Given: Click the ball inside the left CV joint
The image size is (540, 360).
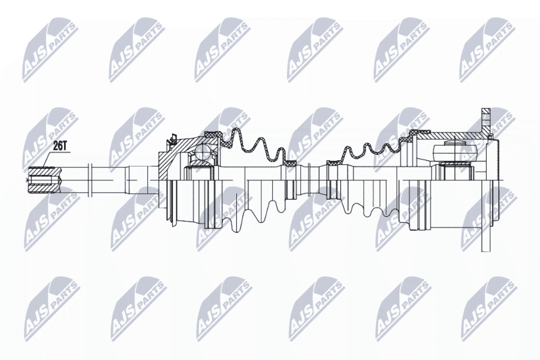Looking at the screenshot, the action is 202,152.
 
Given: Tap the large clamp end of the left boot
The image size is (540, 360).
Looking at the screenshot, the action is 213,135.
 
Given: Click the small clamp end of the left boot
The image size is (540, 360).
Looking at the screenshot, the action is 290,163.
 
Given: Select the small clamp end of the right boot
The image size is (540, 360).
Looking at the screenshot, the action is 333,163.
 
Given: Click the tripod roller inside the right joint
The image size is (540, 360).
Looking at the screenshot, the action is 455,151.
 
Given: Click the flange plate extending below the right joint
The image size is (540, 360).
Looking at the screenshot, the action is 485,216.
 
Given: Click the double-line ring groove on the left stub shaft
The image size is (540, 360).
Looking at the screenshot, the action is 90,180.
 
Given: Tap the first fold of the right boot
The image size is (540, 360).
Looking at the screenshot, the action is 348,154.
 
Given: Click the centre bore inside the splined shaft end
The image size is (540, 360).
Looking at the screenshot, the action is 43,180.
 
